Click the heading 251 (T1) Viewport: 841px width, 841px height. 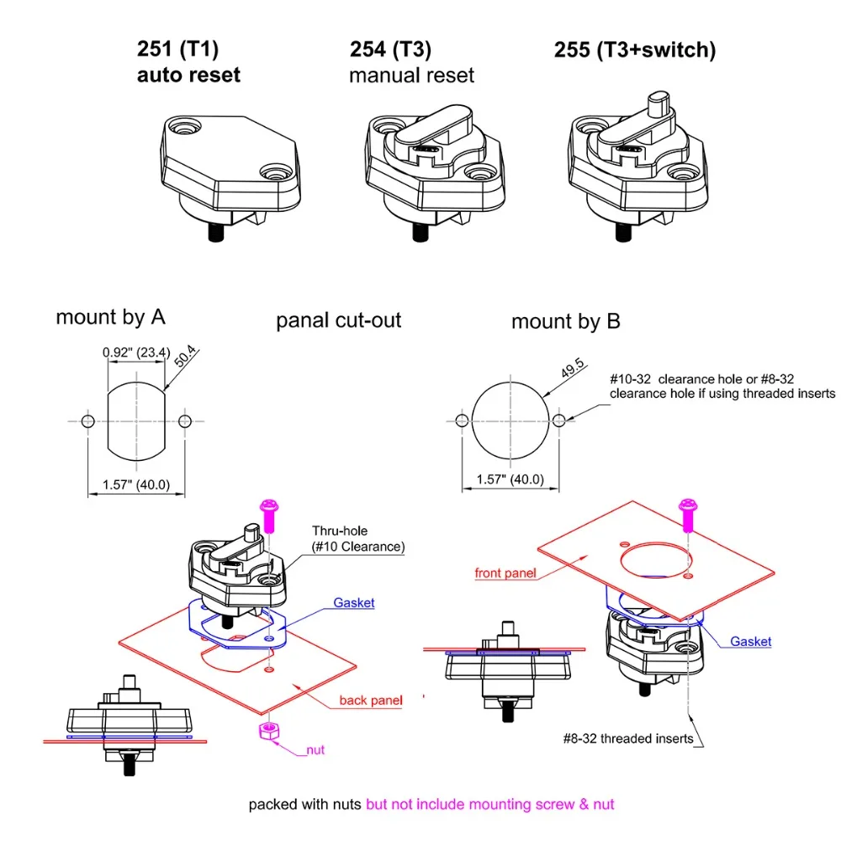coord(177,50)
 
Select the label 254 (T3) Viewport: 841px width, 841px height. coord(389,50)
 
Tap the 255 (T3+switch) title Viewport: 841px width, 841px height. coord(634,50)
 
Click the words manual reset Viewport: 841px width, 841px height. coord(411,76)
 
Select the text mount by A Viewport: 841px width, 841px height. coord(110,317)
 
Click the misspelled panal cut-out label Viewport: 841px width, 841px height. coord(339,320)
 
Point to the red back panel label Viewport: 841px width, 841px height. coord(371,701)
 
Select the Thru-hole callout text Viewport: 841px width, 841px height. coord(358,538)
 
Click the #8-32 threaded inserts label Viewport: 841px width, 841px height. coord(628,738)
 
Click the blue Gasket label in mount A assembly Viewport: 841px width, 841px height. coord(353,603)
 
